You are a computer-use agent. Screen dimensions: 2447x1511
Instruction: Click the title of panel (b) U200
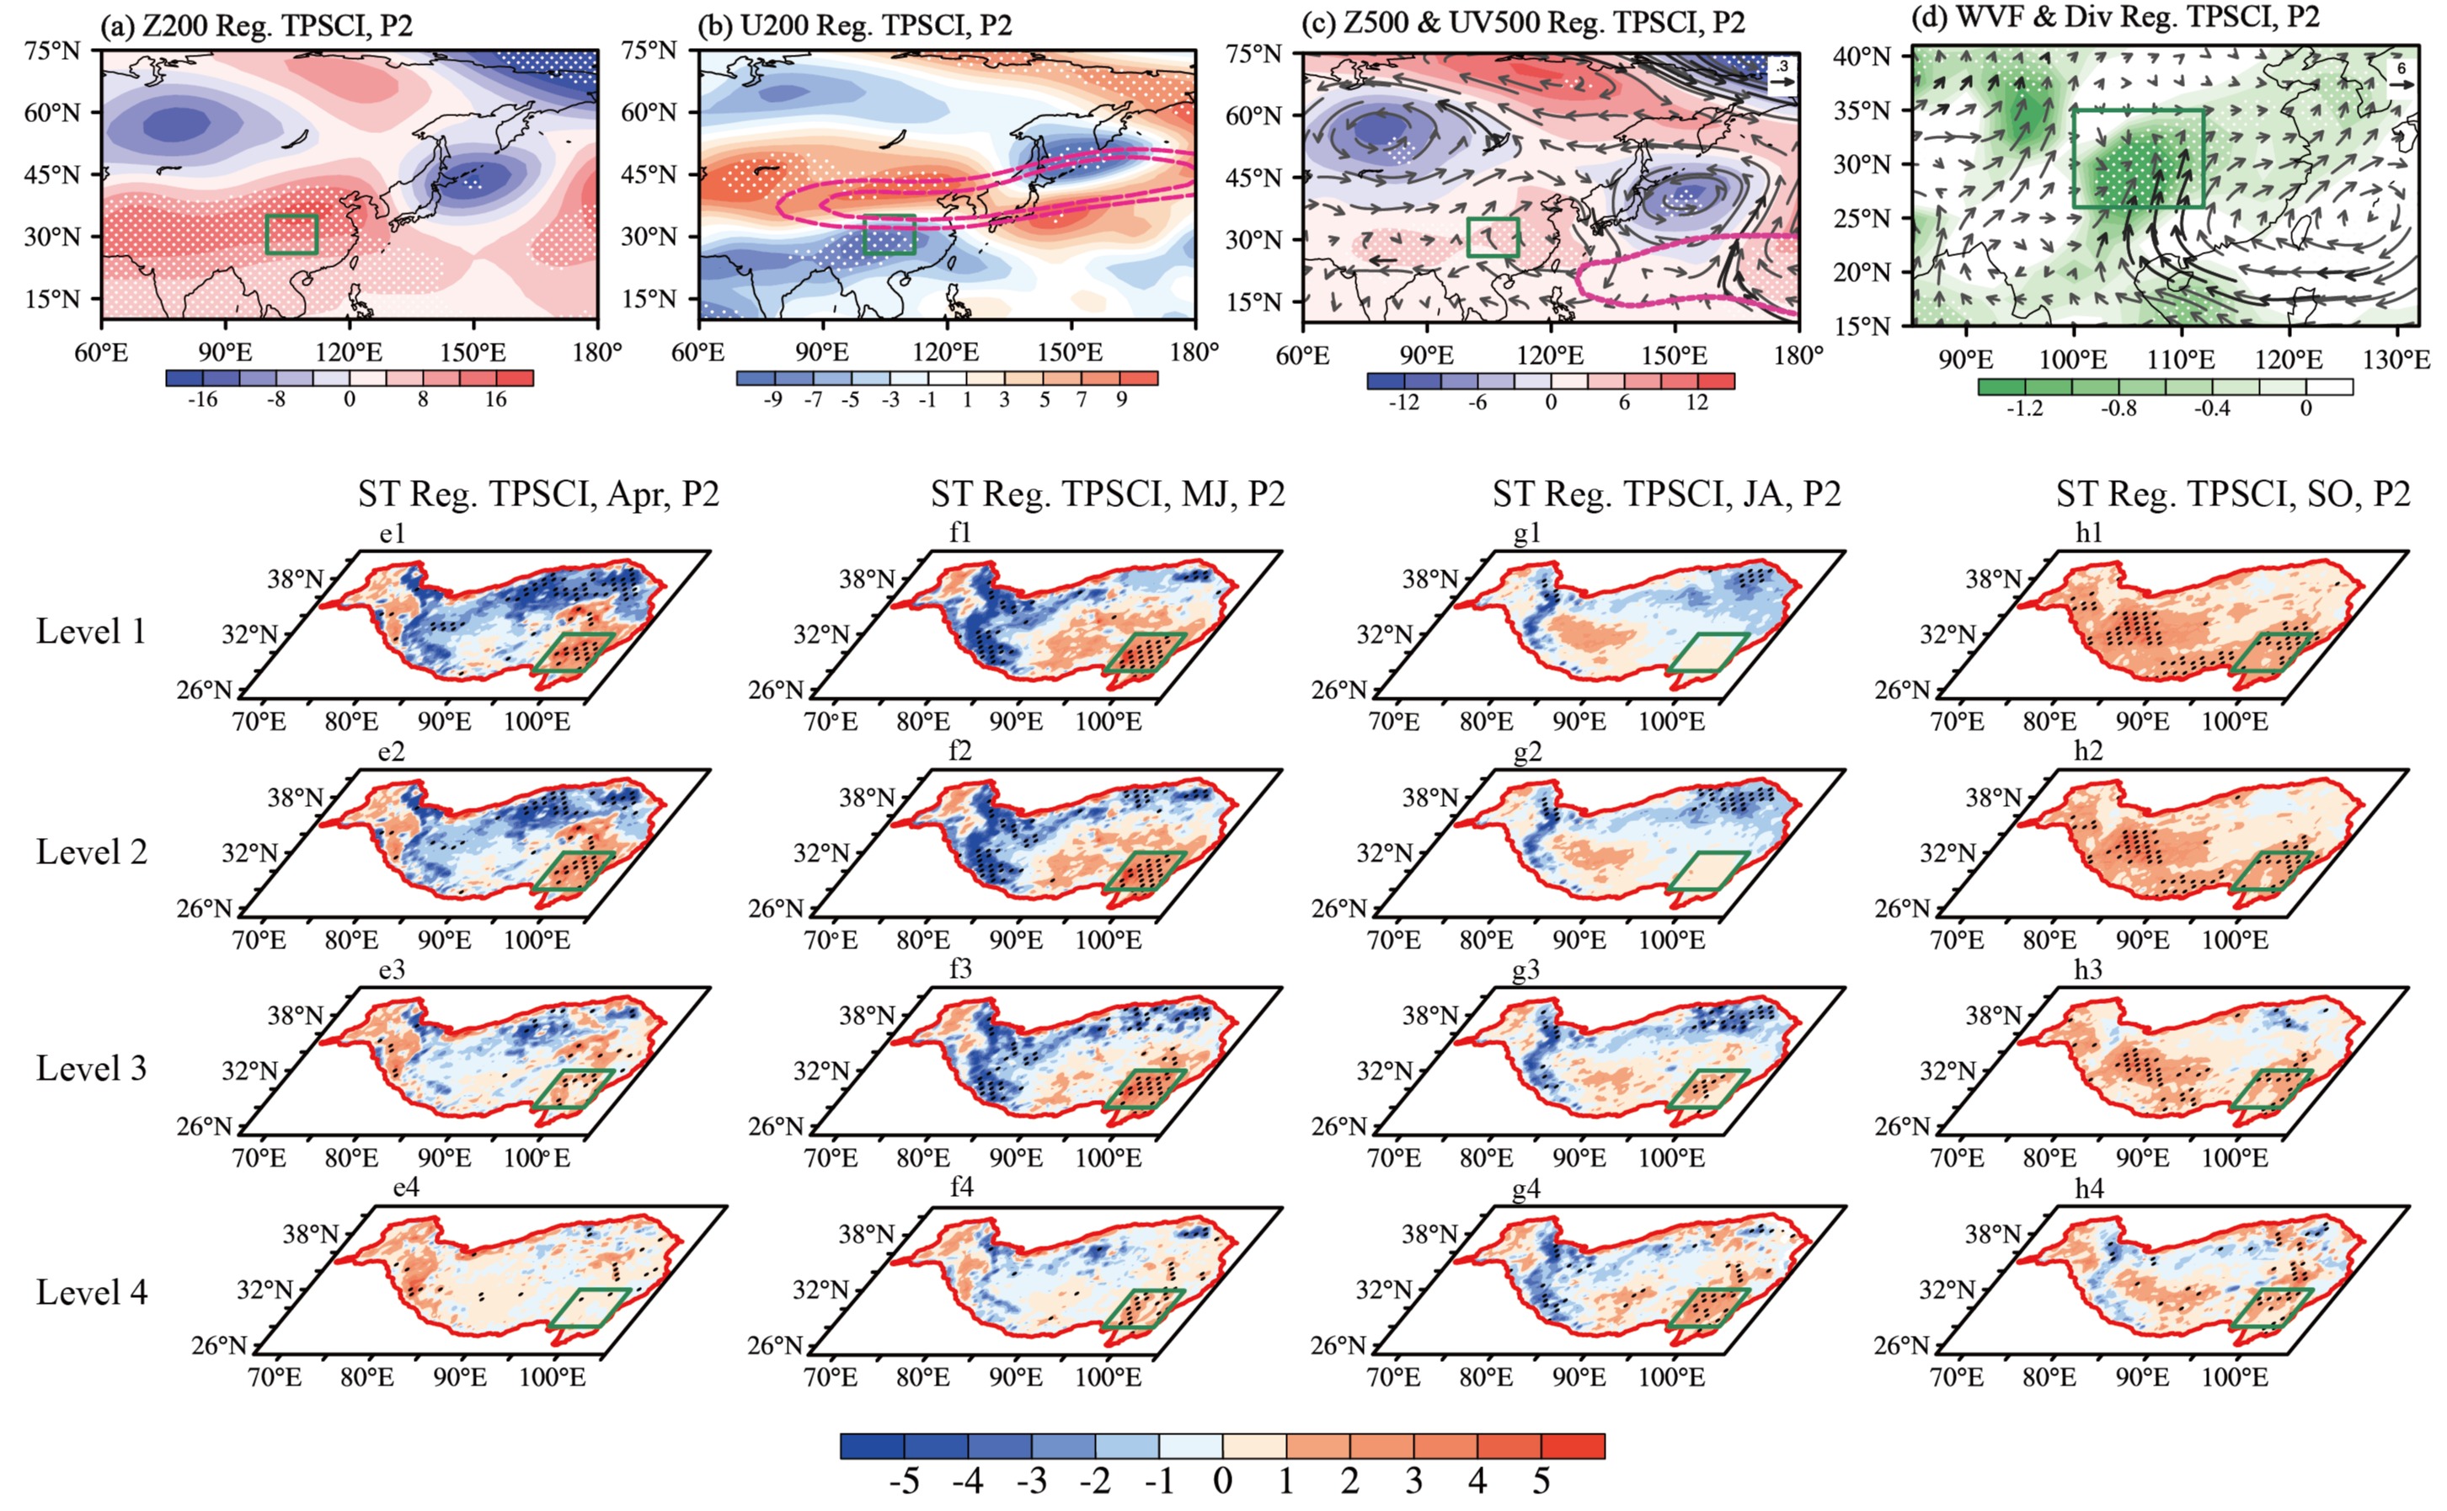pyautogui.click(x=854, y=24)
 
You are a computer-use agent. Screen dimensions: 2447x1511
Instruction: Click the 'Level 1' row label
pyautogui.click(x=91, y=632)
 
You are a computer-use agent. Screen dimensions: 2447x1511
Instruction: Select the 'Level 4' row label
pyautogui.click(x=91, y=1292)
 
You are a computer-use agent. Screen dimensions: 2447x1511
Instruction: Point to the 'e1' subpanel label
pyautogui.click(x=392, y=534)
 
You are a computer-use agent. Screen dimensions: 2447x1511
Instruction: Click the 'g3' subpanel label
pyautogui.click(x=1525, y=969)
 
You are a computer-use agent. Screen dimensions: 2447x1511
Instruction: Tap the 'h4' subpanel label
pyautogui.click(x=2089, y=1188)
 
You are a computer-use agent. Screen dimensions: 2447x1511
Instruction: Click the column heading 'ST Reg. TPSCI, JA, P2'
pyautogui.click(x=1665, y=494)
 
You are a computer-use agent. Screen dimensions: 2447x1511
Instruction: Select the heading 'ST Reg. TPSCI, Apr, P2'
pyautogui.click(x=538, y=494)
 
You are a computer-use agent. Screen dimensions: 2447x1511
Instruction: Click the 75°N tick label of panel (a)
pyautogui.click(x=52, y=50)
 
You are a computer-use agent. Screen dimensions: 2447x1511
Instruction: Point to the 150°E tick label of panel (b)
pyautogui.click(x=1069, y=353)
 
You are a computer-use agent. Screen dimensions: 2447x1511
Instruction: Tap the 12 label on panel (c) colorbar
pyautogui.click(x=1697, y=403)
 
